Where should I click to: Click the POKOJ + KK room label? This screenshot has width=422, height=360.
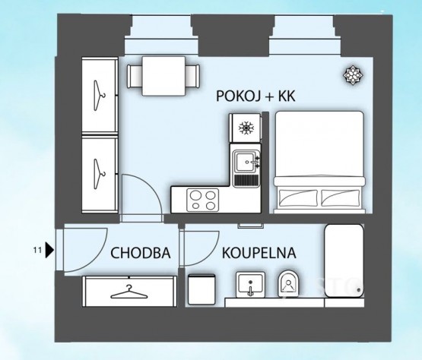click(x=255, y=96)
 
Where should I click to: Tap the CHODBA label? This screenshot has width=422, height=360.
click(x=141, y=253)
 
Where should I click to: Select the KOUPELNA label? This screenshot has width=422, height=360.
click(x=259, y=253)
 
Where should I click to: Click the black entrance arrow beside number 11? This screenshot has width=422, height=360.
click(x=49, y=250)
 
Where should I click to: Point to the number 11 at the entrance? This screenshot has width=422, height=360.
click(x=37, y=250)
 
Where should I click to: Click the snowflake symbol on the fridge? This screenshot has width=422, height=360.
click(x=246, y=128)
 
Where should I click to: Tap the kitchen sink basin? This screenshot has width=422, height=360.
click(x=245, y=162)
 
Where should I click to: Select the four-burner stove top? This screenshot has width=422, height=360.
click(x=203, y=200)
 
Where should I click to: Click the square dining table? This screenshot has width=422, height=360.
click(x=163, y=76)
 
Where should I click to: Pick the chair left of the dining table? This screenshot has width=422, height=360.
click(x=135, y=76)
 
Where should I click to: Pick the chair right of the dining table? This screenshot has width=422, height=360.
click(x=192, y=76)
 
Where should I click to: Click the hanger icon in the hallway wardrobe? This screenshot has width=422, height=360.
click(x=129, y=292)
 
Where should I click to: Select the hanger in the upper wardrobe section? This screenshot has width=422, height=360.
click(x=99, y=95)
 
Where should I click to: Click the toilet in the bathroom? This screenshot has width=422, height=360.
click(x=288, y=283)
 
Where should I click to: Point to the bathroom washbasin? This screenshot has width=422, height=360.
click(x=250, y=285)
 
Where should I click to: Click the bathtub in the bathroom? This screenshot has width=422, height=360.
click(x=344, y=261)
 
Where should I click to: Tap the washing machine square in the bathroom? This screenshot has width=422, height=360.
click(x=201, y=289)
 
